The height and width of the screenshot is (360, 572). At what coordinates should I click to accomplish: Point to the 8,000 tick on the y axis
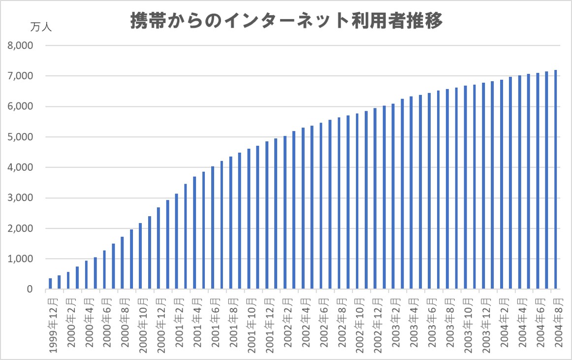coord(20,46)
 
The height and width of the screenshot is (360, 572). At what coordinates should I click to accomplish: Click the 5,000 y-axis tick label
coord(20,137)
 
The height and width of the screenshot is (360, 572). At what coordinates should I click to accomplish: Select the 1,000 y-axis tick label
coord(20,259)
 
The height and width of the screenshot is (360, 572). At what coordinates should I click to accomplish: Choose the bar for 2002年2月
coord(285,212)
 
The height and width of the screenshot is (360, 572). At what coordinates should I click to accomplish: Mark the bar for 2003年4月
coord(412,193)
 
